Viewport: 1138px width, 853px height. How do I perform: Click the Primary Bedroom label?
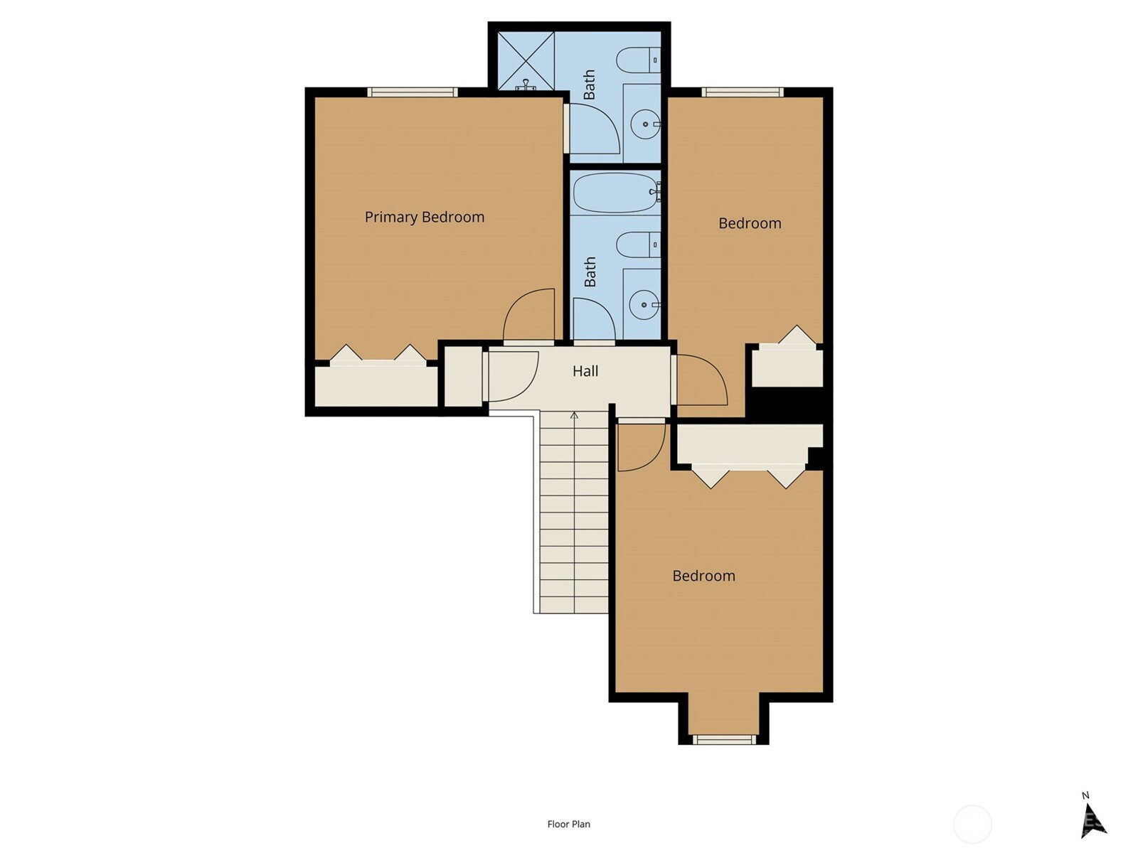point(424,217)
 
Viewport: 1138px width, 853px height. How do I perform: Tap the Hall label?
point(585,371)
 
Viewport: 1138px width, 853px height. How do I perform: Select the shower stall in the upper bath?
point(526,61)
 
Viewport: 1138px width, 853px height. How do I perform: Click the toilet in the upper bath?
point(638,60)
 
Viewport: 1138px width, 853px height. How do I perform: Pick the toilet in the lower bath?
point(638,245)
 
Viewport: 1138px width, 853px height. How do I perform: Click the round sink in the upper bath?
point(645,124)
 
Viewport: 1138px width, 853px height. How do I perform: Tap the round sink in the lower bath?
point(644,304)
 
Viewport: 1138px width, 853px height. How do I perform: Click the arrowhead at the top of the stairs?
point(574,415)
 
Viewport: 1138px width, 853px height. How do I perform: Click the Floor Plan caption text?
point(569,824)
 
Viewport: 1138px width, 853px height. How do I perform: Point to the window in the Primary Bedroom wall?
point(413,92)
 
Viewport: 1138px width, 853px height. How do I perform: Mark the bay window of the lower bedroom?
point(724,739)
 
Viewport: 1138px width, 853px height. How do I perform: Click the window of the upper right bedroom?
point(743,92)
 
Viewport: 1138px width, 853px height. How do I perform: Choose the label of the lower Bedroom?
point(703,576)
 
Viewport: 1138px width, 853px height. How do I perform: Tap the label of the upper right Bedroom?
point(750,223)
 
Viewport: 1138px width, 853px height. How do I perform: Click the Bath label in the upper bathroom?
point(589,85)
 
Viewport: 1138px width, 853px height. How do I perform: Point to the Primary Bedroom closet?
point(376,382)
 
